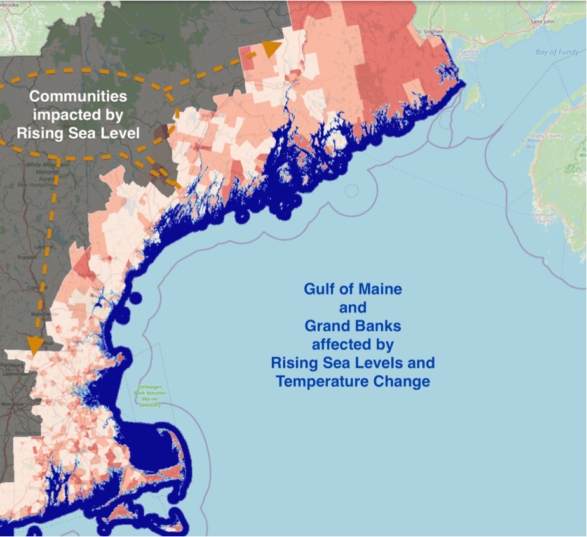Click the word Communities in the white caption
tap(78, 96)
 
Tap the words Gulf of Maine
tap(353, 289)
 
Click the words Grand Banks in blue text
tap(353, 326)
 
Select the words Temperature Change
tap(353, 381)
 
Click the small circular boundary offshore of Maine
tap(351, 190)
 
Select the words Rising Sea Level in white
tap(78, 133)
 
